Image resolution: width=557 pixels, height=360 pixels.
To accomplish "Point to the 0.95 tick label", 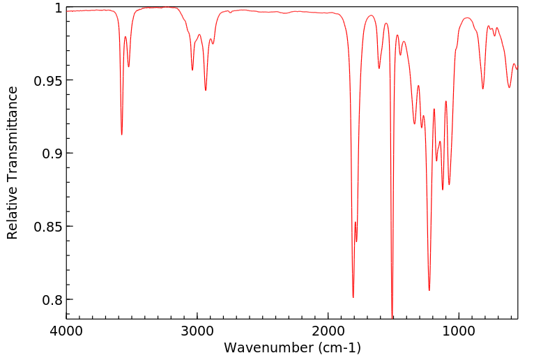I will (x=49, y=80).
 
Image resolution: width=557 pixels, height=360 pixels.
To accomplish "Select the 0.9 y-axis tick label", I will (x=52, y=153).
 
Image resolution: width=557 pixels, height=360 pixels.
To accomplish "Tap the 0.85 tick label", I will (x=49, y=227).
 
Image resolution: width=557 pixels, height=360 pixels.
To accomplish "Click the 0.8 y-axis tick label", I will (x=52, y=300).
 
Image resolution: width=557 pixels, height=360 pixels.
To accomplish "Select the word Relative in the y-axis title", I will (x=13, y=216).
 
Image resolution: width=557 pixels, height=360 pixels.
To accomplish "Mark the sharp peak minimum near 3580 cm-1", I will (x=122, y=134).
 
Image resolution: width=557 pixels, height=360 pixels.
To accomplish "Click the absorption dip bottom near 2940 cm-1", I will (x=206, y=90).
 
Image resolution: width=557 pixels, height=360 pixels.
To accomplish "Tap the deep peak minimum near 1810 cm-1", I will (x=353, y=297).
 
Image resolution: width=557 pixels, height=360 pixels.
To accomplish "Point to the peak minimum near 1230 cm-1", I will (x=429, y=290).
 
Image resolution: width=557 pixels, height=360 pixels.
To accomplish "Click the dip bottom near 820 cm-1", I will (x=482, y=89).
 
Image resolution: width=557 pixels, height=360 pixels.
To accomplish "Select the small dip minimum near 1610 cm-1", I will (x=379, y=68).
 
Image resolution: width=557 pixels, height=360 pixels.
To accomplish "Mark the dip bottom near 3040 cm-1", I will (x=192, y=70).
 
